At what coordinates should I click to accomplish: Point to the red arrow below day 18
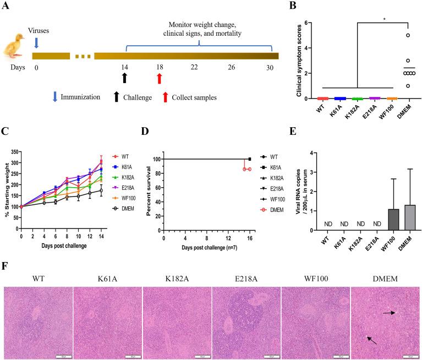click(x=160, y=79)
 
